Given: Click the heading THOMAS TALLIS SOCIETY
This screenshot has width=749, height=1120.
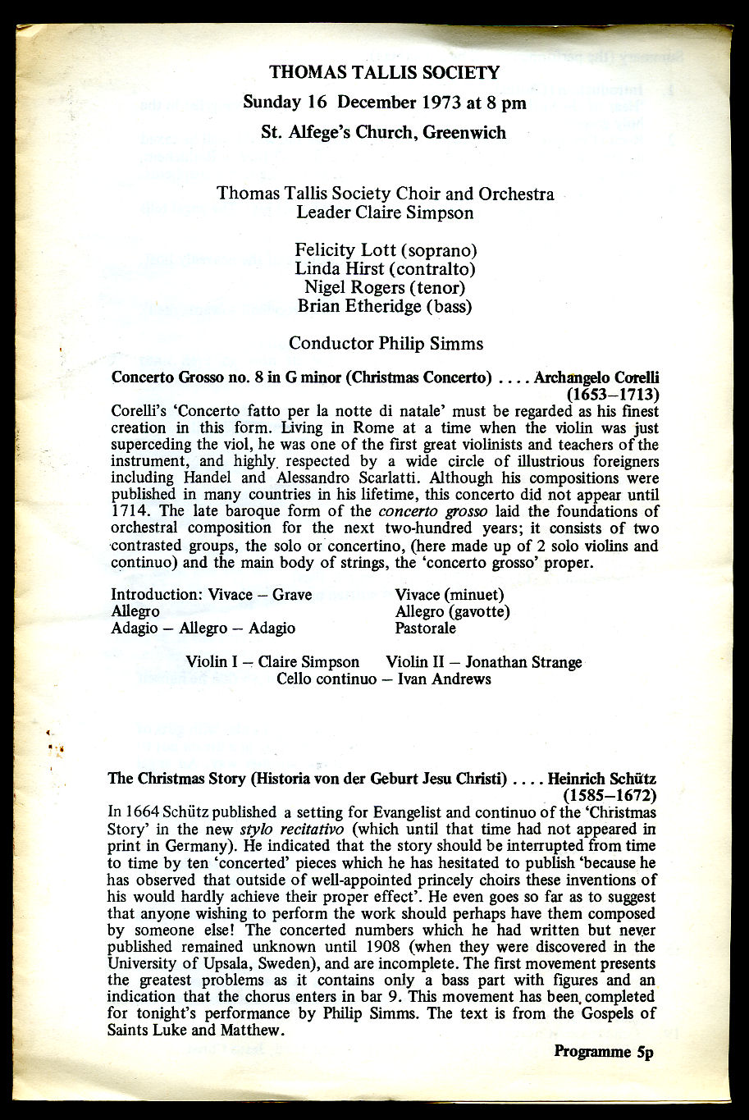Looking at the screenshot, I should (385, 72).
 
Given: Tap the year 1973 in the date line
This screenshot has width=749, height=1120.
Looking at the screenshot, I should (451, 103).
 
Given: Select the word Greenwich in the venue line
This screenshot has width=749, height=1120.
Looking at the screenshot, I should (464, 132).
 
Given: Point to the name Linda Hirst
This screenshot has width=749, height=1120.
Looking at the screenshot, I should (335, 269).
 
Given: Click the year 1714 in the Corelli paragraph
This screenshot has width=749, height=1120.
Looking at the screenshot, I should (130, 511).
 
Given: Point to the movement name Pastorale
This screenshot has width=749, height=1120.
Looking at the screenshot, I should (425, 629).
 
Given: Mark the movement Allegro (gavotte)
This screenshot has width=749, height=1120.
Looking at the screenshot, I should (452, 611).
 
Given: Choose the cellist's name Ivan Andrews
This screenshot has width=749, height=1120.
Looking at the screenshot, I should (445, 679).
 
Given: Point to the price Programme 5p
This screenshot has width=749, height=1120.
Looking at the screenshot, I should (603, 1052).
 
